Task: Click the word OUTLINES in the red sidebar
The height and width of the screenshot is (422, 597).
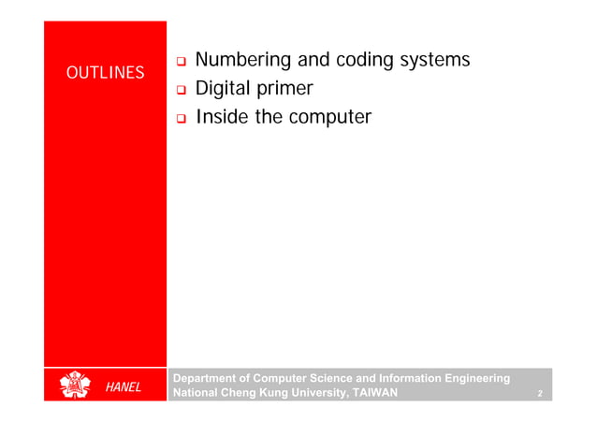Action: (105, 73)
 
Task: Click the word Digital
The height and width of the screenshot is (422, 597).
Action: (226, 90)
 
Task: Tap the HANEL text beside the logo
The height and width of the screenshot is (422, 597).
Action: (123, 387)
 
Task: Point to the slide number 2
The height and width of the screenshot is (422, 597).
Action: (540, 394)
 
